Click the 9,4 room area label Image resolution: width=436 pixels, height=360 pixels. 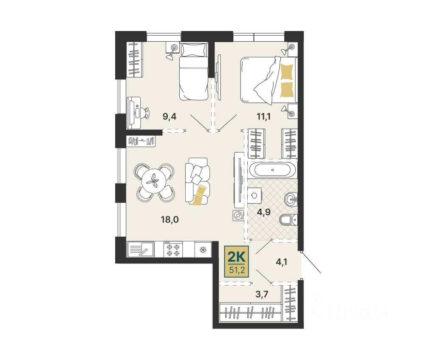pos(170,116)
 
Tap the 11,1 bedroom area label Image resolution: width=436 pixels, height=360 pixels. pos(263,116)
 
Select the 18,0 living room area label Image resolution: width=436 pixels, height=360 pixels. pos(170,219)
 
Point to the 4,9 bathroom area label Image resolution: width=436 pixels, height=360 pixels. pos(263,212)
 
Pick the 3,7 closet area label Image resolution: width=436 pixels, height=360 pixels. pos(262,294)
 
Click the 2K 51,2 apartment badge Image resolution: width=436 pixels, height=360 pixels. pos(236,262)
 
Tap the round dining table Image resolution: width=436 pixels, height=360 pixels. pos(154,183)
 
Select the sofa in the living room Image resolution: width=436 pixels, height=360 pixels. pos(197,181)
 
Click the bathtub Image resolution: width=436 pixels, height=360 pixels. pos(273,170)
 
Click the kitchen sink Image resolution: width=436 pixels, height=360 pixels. pos(141,249)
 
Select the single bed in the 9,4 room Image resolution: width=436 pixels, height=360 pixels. pos(194,71)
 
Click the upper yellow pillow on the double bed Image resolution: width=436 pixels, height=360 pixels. pos(287,72)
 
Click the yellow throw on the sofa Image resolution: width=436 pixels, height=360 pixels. pos(200,194)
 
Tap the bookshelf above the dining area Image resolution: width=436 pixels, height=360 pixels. pos(141,141)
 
